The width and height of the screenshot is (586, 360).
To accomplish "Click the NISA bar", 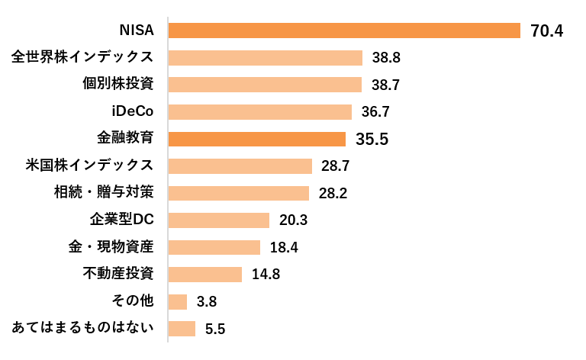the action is pos(344,31).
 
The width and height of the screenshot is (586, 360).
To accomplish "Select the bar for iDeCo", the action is pos(260,112).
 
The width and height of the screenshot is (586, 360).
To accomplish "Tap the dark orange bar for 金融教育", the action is pos(257,139).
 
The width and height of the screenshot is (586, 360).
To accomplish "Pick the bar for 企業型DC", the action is pos(219,220).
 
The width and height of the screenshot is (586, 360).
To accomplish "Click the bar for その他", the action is pos(178,302).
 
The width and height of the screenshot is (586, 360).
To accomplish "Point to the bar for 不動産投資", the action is pos(205,275).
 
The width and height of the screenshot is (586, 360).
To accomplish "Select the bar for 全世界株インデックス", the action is pos(266,58).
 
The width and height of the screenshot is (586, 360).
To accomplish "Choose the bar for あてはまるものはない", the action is pos(182,329).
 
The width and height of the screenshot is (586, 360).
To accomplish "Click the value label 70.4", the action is pos(547,31).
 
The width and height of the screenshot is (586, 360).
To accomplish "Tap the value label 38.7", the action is pos(385,85).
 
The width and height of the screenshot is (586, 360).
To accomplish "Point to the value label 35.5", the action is pos(372,139).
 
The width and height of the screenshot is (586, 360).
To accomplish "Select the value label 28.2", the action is pos(333,194).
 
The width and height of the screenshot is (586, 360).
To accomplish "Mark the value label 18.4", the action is pos(284,248).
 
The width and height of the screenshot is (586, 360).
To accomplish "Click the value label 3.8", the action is pos(207,302).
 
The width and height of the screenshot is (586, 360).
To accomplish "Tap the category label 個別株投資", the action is pos(118,84).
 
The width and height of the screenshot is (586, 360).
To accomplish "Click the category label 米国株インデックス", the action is pos(90,165).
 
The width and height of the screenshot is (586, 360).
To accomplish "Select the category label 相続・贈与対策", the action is pos(104,192).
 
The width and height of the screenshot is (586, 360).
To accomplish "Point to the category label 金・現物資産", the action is pos(111,246).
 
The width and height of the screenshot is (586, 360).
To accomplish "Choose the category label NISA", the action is pos(137,31).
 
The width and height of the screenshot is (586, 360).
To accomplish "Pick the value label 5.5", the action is pos(215,329).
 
